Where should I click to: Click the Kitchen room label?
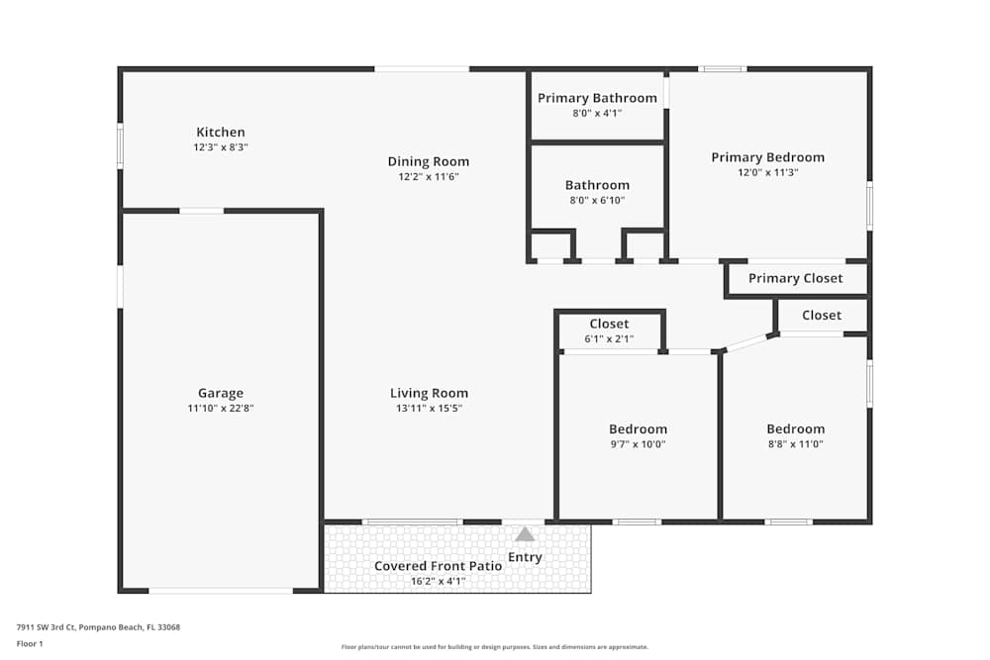[220, 133]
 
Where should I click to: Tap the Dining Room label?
[428, 162]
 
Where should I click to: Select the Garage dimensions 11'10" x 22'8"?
[220, 408]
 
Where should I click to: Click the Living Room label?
[429, 393]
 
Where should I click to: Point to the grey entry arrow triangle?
[525, 534]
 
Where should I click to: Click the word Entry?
[525, 557]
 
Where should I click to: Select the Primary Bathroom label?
[597, 98]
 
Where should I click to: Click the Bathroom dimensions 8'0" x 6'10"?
[597, 200]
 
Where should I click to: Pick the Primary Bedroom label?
[767, 157]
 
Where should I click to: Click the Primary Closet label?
[795, 278]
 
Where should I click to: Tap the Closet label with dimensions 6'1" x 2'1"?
[609, 325]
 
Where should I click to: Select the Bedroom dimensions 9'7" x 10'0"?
[638, 444]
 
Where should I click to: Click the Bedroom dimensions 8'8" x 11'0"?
[795, 444]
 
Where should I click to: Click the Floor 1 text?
[30, 643]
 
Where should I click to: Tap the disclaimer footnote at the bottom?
[494, 647]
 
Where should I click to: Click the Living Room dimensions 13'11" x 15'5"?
[429, 408]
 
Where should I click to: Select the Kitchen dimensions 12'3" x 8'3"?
[220, 147]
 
